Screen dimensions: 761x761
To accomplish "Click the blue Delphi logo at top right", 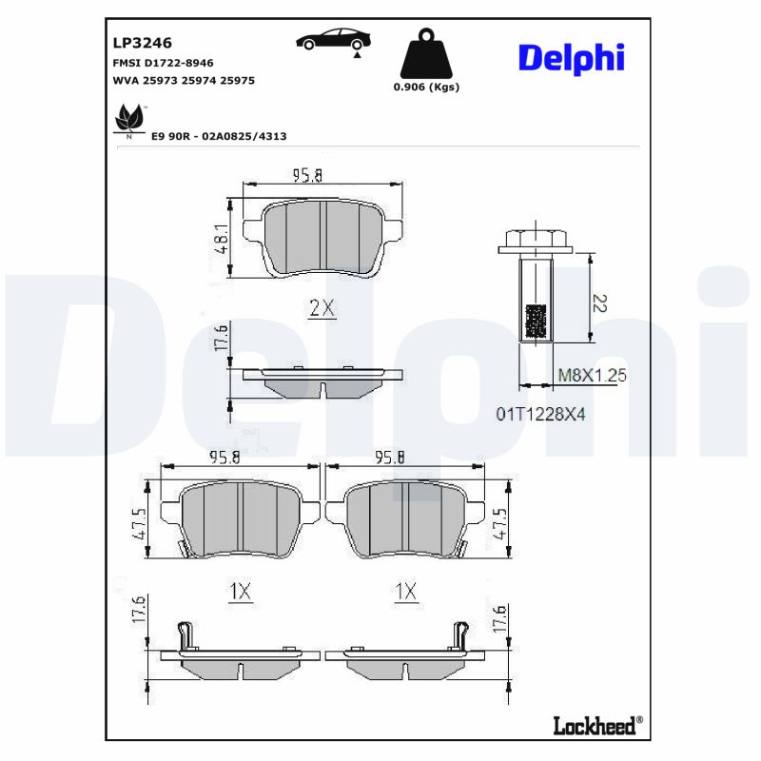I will (x=571, y=57).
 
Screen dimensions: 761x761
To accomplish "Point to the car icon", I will (x=333, y=41).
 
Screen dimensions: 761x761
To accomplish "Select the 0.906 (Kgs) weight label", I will (x=426, y=88).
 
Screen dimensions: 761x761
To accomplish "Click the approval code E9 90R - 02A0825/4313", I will (x=219, y=136).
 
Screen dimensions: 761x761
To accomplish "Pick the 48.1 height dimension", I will (x=220, y=239).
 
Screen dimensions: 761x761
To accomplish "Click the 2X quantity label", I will (x=322, y=307).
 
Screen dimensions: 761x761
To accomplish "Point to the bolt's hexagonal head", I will (x=533, y=239).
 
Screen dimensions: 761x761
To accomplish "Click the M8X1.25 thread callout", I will (x=592, y=376).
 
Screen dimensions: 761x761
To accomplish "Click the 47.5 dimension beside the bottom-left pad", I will (x=139, y=522).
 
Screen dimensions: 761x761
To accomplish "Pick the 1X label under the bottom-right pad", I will (x=405, y=592).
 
